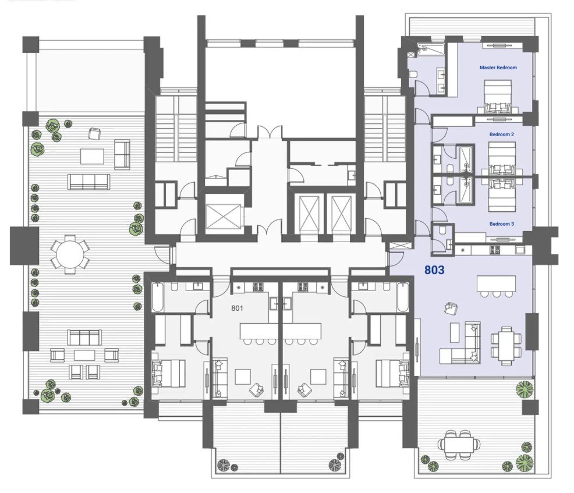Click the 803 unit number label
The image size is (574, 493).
click(x=434, y=270)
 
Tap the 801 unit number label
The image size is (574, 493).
click(x=237, y=308)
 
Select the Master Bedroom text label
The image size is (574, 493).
click(x=498, y=68)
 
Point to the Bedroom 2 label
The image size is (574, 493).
click(x=501, y=134)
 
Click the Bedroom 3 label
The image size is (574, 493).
click(x=501, y=224)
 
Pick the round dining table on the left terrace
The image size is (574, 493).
click(x=70, y=254)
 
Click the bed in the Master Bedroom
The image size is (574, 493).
click(x=498, y=97)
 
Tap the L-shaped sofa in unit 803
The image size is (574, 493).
click(x=460, y=343)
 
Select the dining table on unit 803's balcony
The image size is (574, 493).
click(x=459, y=445)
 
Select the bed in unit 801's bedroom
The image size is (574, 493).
click(x=168, y=373)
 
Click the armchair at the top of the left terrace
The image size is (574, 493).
click(x=94, y=134)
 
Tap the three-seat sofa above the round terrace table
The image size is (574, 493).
click(x=88, y=182)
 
